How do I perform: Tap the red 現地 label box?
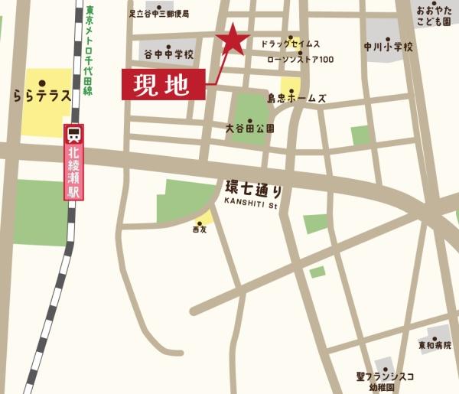164,84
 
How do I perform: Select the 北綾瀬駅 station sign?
74,172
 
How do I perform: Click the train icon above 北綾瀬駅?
74,135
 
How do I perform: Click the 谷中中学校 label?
168,55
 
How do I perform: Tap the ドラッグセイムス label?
291,44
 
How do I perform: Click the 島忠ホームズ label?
297,99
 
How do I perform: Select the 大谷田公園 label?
250,128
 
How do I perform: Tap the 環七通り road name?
254,188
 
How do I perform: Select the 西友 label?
200,230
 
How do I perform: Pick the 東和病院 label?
435,346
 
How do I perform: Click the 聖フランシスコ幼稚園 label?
386,381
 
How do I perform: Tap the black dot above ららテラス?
42,83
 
